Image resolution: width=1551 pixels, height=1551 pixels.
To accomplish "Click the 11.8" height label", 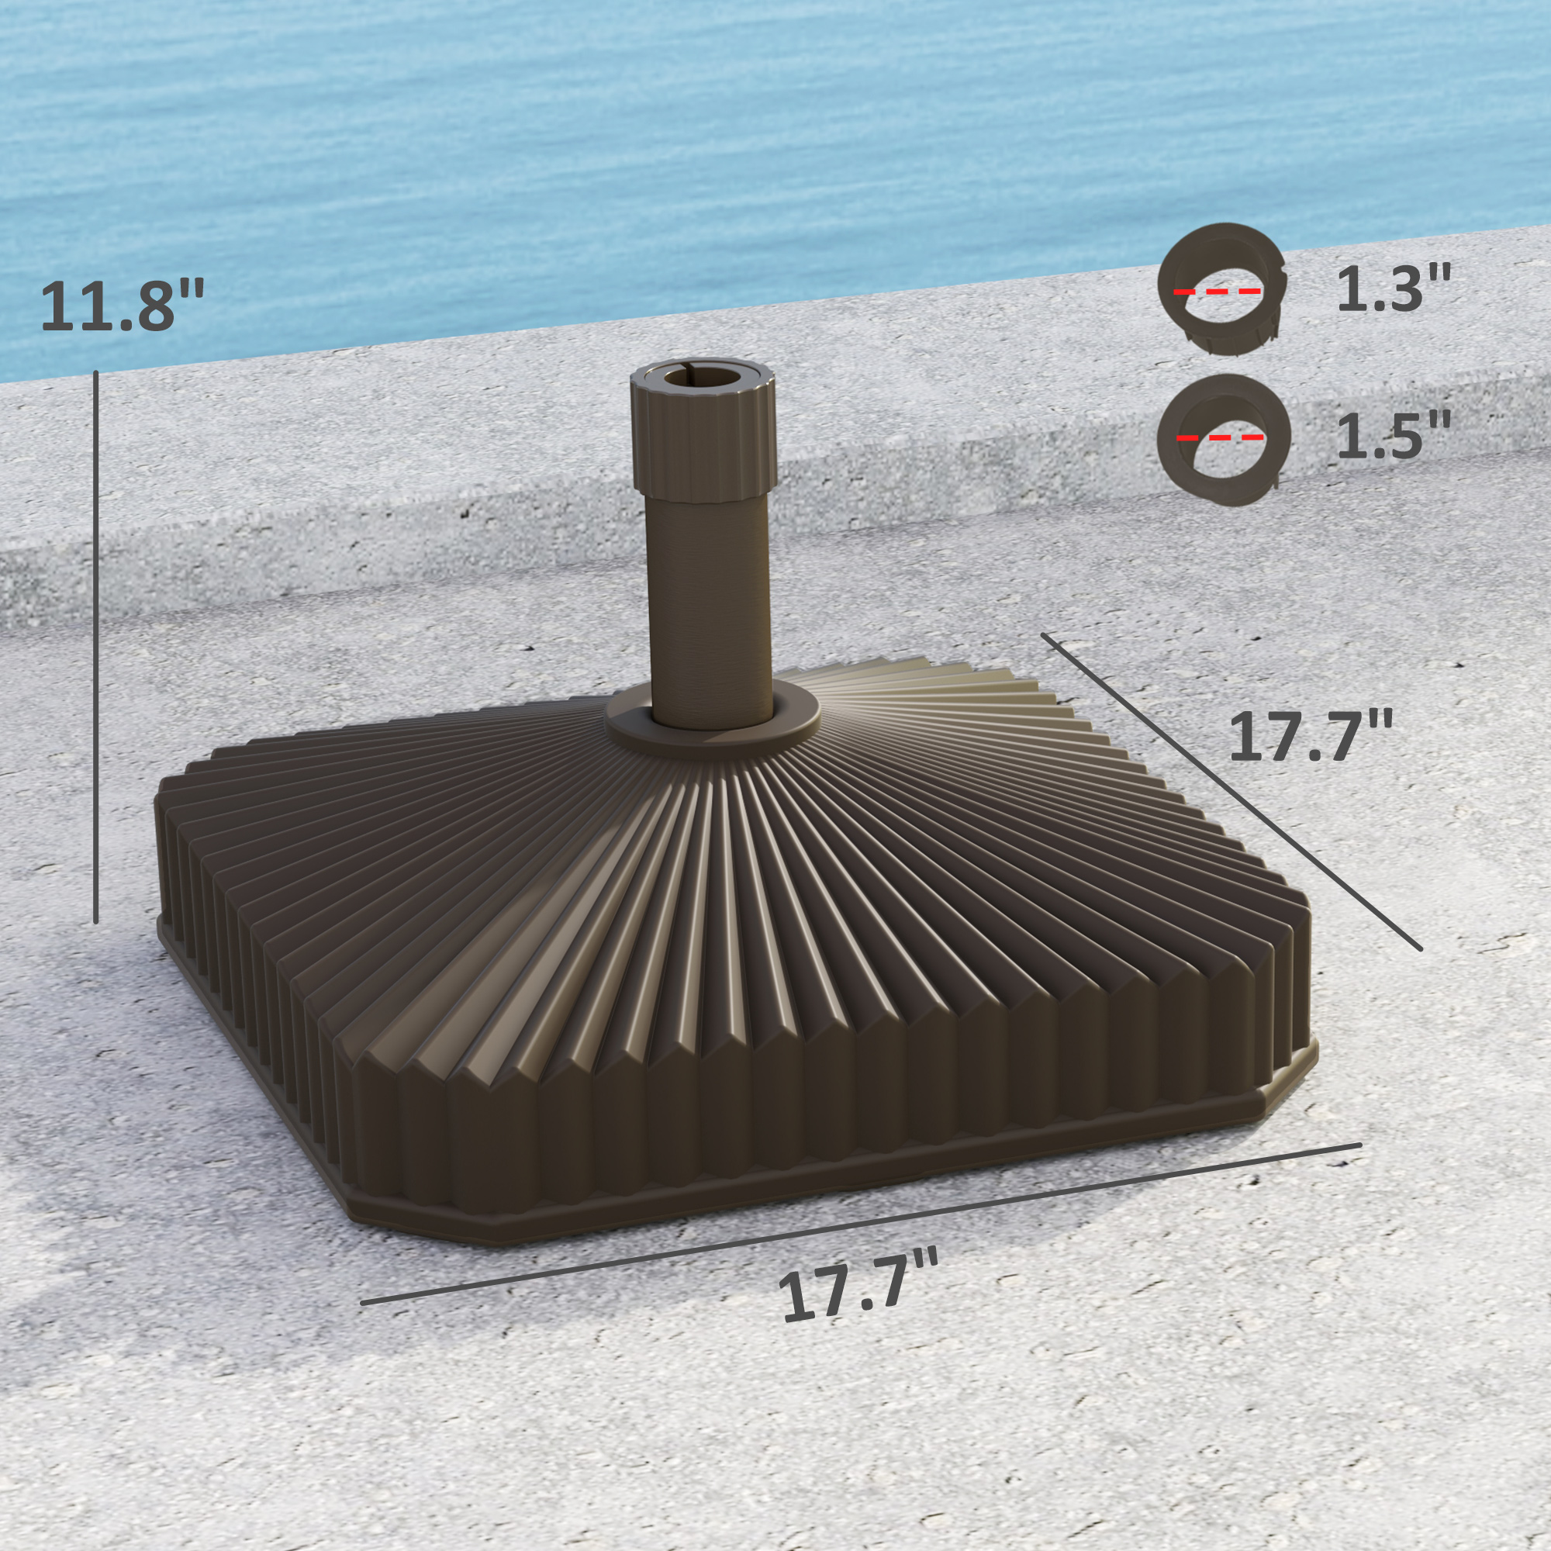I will pyautogui.click(x=122, y=305).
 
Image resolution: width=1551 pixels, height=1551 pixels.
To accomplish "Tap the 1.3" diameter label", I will pyautogui.click(x=1394, y=289).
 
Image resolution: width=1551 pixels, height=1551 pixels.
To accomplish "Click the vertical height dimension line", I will pyautogui.click(x=96, y=642).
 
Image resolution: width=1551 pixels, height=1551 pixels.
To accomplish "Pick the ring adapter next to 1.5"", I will pyautogui.click(x=1224, y=482).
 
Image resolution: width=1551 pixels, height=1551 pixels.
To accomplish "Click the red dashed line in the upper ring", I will pyautogui.click(x=1217, y=292).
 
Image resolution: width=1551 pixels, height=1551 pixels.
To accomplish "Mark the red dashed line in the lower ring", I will pyautogui.click(x=1220, y=437).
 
